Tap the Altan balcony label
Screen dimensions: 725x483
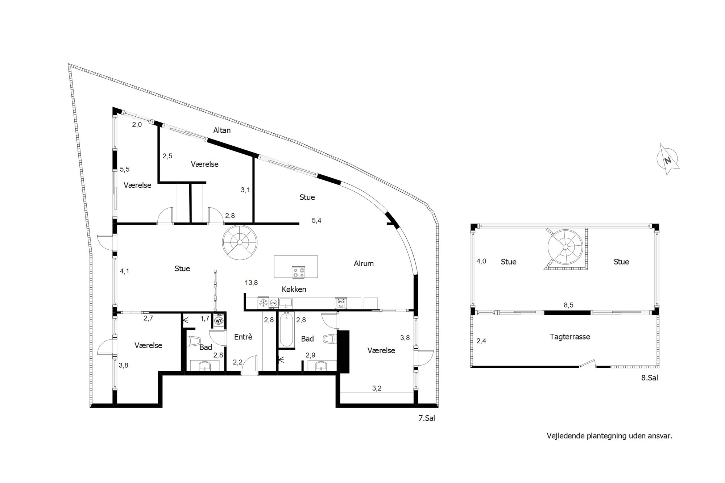tap(222, 130)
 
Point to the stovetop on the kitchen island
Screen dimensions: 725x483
tap(298, 272)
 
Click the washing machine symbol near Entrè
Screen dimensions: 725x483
tap(219, 321)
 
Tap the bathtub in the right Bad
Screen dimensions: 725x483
tap(286, 329)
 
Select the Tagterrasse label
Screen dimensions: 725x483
tap(570, 337)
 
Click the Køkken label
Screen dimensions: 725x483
tap(294, 289)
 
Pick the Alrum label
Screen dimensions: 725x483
tap(364, 263)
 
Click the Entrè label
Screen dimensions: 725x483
tap(243, 337)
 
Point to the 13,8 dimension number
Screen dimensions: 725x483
tap(251, 283)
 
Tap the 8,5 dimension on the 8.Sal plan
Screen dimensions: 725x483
tap(568, 305)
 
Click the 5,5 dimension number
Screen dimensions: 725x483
tap(125, 169)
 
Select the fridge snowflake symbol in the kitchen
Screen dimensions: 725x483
tap(263, 303)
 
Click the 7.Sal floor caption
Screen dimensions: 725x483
tap(427, 418)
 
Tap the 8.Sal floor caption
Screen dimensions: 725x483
tap(650, 378)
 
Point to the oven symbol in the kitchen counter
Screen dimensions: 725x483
tap(340, 303)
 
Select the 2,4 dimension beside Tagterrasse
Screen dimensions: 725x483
tap(481, 341)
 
